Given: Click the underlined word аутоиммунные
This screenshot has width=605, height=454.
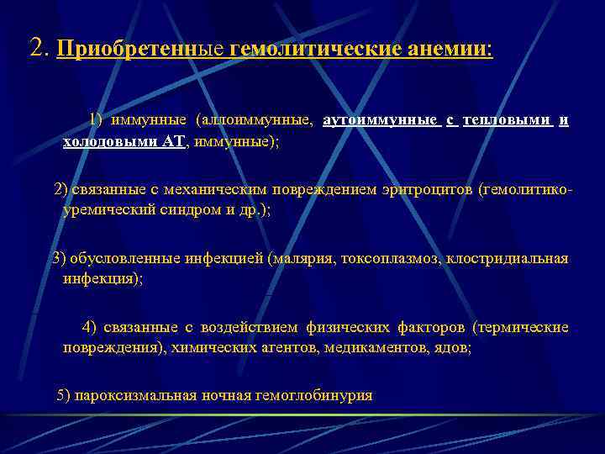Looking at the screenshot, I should pyautogui.click(x=381, y=120).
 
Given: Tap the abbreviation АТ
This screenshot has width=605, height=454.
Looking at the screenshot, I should pyautogui.click(x=173, y=142).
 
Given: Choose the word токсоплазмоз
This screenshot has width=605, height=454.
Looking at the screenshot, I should pyautogui.click(x=390, y=258).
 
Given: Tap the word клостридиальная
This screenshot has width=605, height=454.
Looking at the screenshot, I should pyautogui.click(x=509, y=258).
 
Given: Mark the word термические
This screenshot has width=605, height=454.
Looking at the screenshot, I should pyautogui.click(x=525, y=326).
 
